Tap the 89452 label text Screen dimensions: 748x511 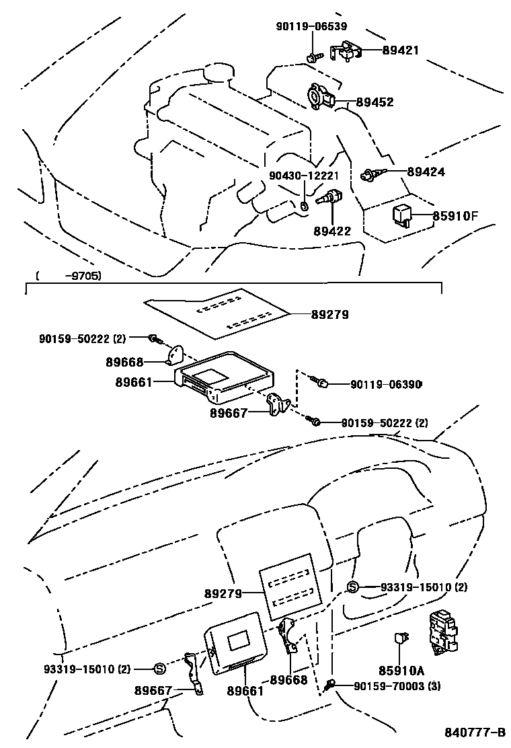375,102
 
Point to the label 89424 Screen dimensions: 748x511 426,172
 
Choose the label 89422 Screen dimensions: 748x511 332,231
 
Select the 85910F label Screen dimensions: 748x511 455,216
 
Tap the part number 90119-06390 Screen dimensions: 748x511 386,384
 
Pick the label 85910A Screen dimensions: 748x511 401,670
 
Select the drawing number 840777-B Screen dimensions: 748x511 474,732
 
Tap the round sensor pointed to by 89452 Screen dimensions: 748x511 317,94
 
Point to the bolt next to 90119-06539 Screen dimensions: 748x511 313,57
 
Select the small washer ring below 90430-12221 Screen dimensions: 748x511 304,205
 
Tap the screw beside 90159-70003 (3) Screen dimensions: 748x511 330,685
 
